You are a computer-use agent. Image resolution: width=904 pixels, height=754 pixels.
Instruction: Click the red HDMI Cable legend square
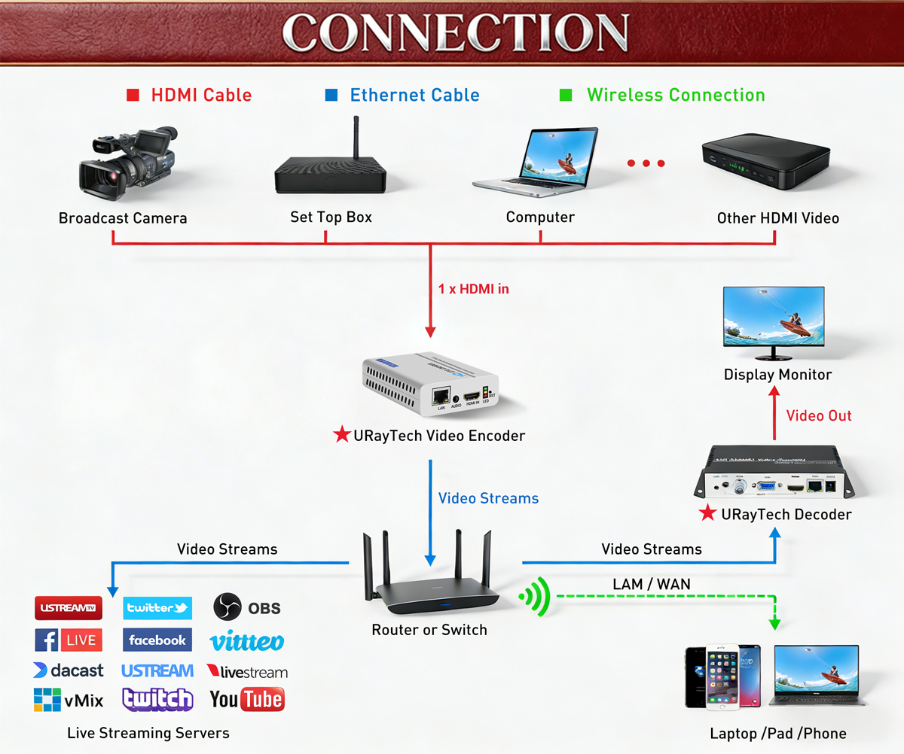coord(133,96)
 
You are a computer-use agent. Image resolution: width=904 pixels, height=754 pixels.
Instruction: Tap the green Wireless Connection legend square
coord(566,96)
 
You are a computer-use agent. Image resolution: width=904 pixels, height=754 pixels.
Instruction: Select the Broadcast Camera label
coord(123,219)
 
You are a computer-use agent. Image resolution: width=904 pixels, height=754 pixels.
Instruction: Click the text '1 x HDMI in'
coord(474,288)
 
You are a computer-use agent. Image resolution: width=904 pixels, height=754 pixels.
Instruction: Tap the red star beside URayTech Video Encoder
coord(342,435)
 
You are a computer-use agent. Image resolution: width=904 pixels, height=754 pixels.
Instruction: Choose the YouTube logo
coord(247,700)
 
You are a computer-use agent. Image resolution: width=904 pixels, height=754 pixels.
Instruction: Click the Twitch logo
coord(157,699)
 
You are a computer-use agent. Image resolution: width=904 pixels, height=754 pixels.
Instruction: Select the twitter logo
coord(157,608)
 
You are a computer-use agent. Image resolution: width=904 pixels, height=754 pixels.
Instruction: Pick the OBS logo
coord(247,607)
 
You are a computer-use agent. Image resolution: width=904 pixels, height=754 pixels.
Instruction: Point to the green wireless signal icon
coord(536,598)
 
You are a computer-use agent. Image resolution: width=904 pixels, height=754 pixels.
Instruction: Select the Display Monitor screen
coord(774,318)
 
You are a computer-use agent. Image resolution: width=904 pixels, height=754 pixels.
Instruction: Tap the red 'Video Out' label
coord(819,415)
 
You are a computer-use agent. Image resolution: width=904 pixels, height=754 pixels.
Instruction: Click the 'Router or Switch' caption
coord(429,630)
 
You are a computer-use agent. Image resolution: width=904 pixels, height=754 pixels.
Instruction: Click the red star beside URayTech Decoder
coord(707,514)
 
